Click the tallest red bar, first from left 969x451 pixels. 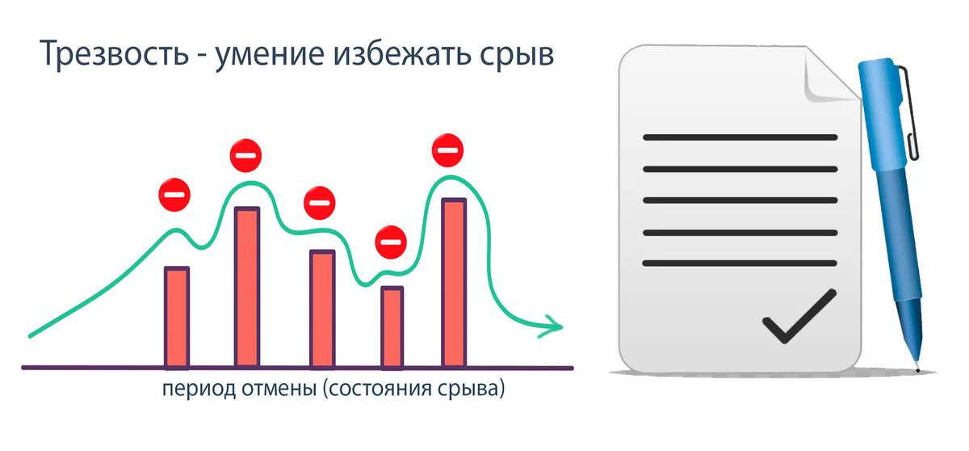point(246,287)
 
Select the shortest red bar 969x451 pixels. point(392,327)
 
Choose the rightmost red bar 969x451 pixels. point(454,283)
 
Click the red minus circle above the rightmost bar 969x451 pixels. point(447,150)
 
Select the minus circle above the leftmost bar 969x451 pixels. point(174,195)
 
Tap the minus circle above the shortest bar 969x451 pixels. point(392,241)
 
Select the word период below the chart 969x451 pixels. point(198,390)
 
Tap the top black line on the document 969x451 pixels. point(739,137)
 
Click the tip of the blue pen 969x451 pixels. point(917,368)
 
